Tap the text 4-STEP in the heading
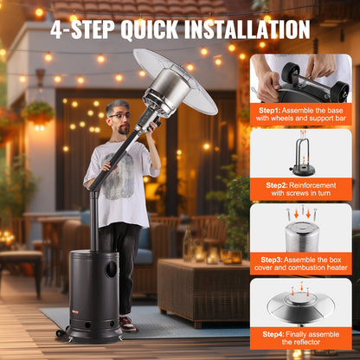click(x=82, y=29)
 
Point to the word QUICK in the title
click(x=148, y=29)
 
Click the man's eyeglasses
click(x=119, y=116)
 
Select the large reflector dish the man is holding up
click(x=177, y=83)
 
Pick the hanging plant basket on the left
click(x=38, y=112)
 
